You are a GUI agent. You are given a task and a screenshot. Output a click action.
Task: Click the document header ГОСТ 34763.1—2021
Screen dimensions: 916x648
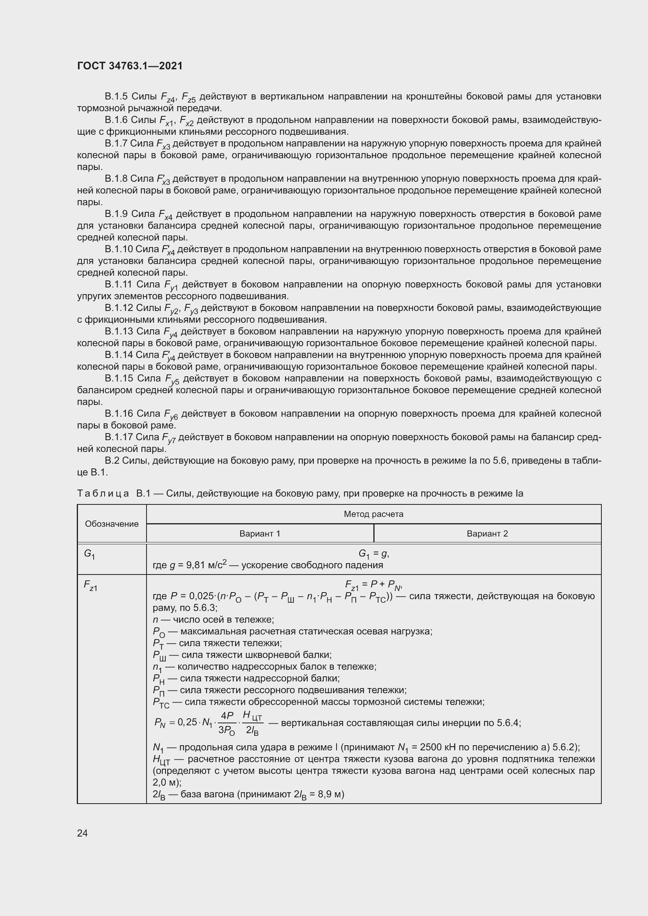tap(130, 66)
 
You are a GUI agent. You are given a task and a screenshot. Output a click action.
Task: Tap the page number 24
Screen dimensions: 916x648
tap(82, 833)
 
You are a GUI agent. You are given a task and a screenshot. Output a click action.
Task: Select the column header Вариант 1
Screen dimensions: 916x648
tap(260, 533)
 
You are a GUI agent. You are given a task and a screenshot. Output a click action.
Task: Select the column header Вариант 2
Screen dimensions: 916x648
tap(487, 533)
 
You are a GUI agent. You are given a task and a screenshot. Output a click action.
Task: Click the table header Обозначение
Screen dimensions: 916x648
tap(112, 524)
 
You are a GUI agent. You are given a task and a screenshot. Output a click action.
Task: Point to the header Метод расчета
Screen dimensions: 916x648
tap(373, 514)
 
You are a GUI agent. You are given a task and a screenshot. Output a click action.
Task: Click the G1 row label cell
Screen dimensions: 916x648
tap(89, 554)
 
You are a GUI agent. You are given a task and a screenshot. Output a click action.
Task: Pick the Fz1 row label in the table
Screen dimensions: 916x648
tap(90, 585)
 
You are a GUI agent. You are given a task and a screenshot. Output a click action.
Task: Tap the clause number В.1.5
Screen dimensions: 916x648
tap(116, 96)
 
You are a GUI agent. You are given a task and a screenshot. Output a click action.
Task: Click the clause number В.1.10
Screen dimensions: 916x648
tap(118, 249)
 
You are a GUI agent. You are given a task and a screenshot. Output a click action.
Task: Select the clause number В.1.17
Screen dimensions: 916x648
tap(118, 437)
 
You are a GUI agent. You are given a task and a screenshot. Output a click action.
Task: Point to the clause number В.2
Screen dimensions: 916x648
tap(112, 461)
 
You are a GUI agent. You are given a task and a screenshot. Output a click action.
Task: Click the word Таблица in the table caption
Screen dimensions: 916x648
tap(103, 493)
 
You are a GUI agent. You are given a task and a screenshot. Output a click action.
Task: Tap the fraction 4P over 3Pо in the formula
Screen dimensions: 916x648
tap(226, 723)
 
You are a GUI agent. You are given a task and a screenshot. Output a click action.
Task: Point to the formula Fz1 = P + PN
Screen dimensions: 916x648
tap(373, 584)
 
